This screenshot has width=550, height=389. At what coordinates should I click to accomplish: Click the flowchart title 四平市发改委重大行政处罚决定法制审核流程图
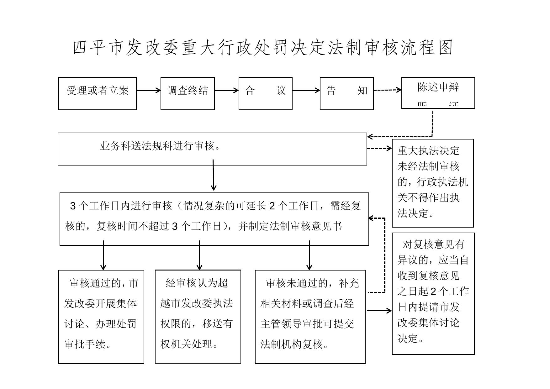[263, 48]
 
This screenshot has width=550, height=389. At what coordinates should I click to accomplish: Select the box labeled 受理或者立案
[98, 93]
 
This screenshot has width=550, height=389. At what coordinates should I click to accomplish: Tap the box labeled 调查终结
[188, 93]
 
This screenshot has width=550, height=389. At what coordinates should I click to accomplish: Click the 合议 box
[265, 93]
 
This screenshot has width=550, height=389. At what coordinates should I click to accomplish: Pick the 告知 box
[346, 93]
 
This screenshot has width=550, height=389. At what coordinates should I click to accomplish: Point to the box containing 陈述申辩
[438, 93]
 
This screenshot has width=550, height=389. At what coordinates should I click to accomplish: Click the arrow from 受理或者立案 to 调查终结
[149, 91]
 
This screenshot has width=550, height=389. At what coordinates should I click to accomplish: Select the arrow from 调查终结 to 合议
[226, 91]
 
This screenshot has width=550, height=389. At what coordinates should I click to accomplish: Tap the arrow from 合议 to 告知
[306, 91]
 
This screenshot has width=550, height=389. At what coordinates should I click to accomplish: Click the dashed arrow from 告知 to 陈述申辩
[387, 90]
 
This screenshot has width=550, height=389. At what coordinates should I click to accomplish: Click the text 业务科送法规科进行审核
[160, 146]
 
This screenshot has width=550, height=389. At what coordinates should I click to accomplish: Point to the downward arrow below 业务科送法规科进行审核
[213, 176]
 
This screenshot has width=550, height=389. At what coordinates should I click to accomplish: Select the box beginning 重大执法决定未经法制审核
[433, 183]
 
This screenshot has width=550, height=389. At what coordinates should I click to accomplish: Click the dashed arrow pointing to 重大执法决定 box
[379, 148]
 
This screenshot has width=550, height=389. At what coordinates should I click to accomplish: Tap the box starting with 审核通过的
[101, 317]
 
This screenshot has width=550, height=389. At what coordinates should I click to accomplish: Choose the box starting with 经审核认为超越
[198, 317]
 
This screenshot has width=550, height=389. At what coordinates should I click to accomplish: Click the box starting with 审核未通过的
[310, 317]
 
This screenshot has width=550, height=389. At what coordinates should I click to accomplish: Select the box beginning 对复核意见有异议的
[433, 293]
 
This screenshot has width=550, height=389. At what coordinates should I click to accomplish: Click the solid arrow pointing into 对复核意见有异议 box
[379, 311]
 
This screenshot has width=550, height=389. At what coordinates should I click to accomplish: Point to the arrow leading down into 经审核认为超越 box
[199, 255]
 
